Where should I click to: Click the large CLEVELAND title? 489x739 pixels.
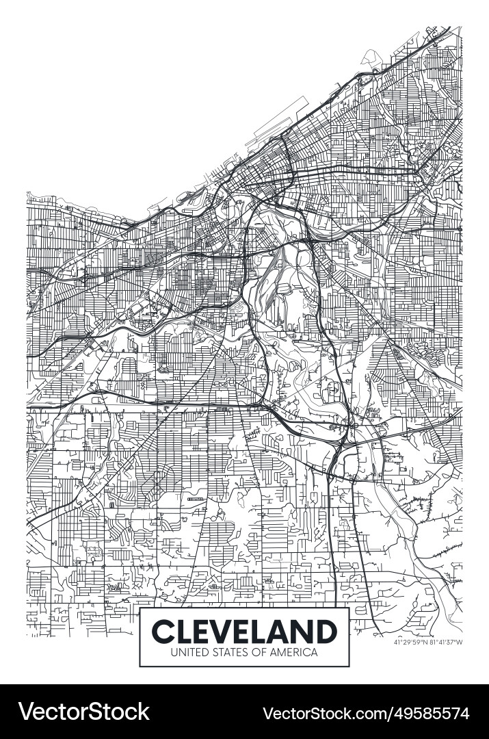coord(244,630)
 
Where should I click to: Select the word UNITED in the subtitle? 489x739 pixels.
coord(187,653)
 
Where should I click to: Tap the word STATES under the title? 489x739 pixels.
coord(227,653)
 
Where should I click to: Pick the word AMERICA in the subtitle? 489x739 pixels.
coord(293,653)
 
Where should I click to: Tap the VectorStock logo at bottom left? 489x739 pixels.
coord(83,712)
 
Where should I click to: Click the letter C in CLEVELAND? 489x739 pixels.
coord(161,630)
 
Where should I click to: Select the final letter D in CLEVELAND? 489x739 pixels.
coord(326,630)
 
